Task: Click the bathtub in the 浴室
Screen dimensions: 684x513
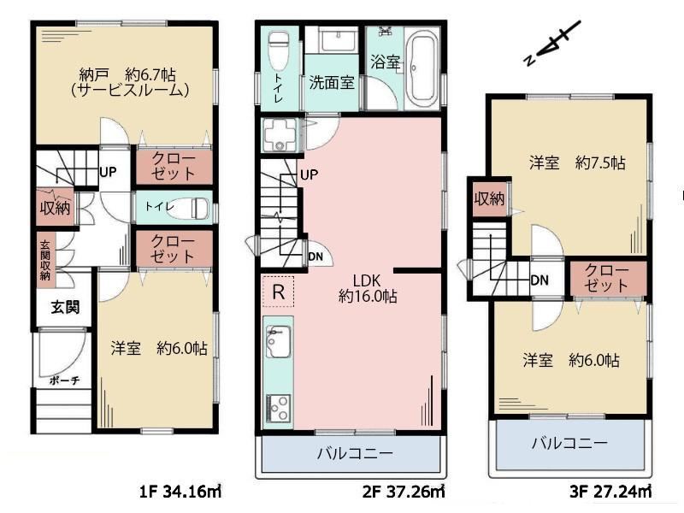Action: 422,69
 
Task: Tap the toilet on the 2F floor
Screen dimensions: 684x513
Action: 278,50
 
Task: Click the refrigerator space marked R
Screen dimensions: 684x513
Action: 279,292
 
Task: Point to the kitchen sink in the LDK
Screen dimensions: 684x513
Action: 277,341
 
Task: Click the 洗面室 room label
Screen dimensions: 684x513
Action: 332,82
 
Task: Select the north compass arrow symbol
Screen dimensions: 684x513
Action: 552,44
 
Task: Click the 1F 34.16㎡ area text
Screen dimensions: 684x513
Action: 180,492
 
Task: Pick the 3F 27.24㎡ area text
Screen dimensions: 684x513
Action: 610,492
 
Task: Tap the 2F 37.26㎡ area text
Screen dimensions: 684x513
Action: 404,492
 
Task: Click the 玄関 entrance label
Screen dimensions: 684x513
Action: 65,307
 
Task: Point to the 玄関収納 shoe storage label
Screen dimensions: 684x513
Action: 45,261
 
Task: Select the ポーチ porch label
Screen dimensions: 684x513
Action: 64,380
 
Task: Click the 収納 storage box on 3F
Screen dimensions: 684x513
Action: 489,199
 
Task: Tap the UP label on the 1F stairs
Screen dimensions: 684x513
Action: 108,172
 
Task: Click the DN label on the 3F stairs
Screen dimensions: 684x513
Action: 540,280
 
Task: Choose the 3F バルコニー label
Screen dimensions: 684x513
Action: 569,444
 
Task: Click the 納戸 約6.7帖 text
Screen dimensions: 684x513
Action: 127,74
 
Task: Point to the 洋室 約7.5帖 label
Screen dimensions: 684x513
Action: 577,163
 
